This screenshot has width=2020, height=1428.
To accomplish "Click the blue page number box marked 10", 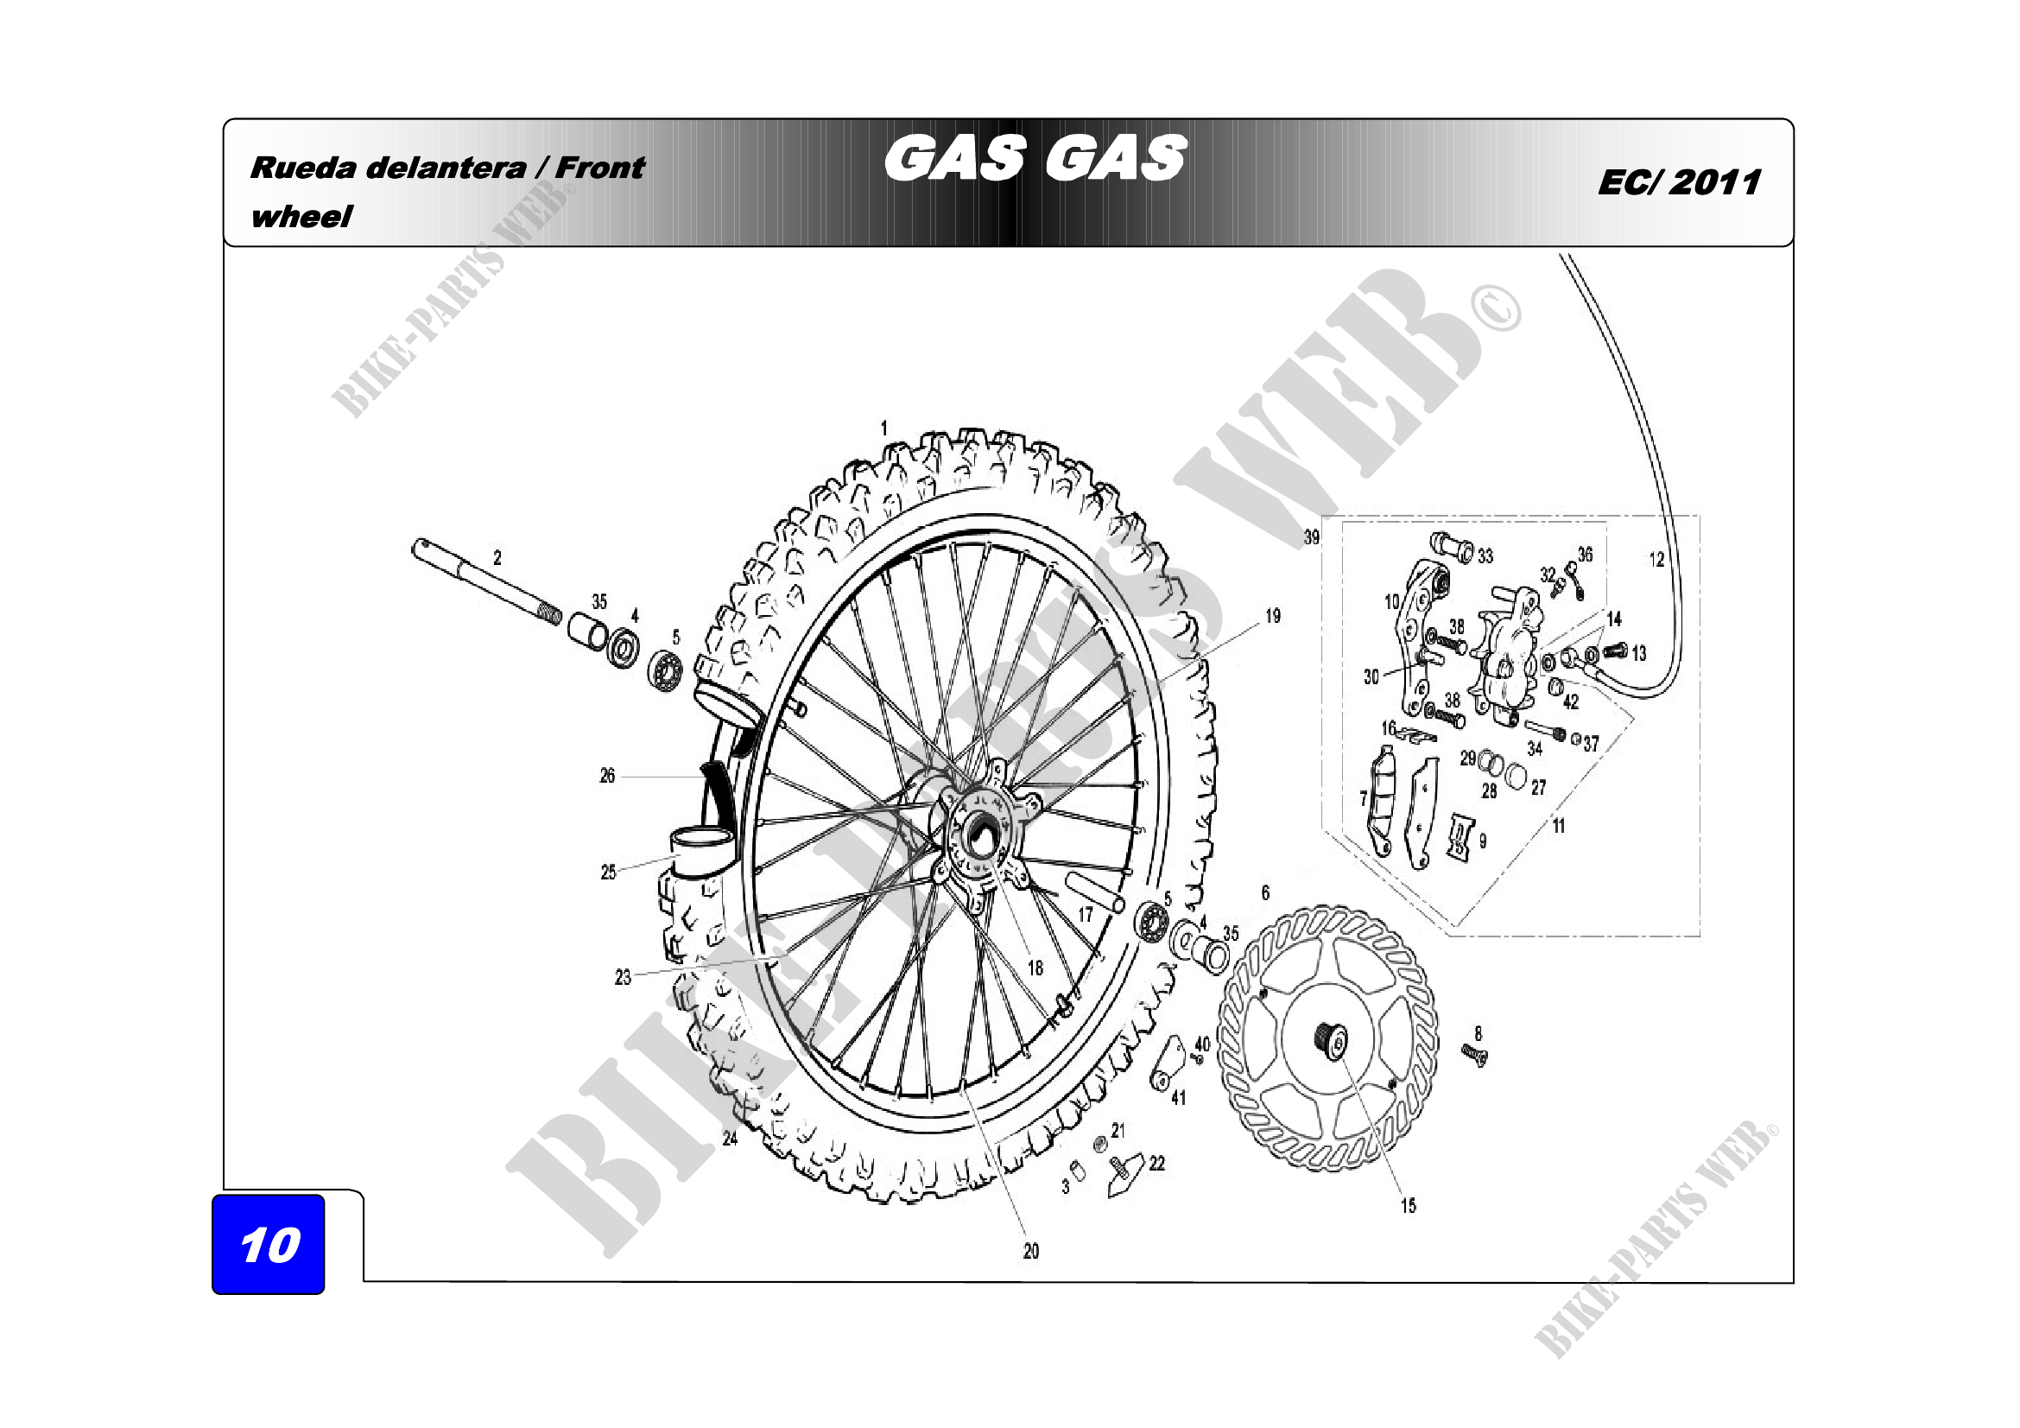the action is point(269,1243).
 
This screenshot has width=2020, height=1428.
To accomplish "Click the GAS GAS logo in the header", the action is point(1035,158).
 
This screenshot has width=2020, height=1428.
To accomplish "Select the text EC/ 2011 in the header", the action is point(1679,182).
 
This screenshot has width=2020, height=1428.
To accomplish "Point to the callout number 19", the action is point(1273,616).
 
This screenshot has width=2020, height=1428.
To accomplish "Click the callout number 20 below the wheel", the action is point(1031,1251).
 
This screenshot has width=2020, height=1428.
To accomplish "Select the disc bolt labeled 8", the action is point(1474,1054).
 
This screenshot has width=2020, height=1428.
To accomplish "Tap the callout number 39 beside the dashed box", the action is point(1312,536).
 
